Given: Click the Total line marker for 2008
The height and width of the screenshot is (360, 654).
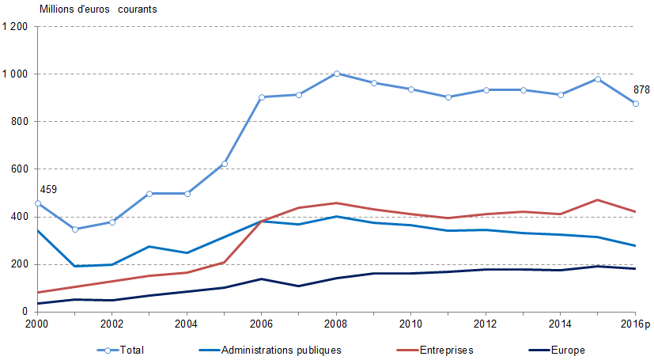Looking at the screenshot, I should click(337, 74).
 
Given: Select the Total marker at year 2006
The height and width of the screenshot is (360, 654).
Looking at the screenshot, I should click(262, 97).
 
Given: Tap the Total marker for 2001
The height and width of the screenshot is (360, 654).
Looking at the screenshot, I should click(74, 229).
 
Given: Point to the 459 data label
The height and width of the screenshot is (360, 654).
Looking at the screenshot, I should click(49, 190).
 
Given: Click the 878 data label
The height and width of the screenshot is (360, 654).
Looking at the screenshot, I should click(641, 90).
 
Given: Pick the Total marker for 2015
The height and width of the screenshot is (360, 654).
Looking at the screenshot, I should click(598, 79).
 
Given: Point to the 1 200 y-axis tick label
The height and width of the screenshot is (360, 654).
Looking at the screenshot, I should click(16, 27).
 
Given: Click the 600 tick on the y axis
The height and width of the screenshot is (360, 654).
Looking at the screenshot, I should click(20, 169).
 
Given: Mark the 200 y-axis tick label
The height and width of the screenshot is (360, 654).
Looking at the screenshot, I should click(20, 264).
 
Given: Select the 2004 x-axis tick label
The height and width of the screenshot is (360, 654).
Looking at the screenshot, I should click(187, 324).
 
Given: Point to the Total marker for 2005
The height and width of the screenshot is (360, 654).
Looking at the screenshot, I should click(225, 164).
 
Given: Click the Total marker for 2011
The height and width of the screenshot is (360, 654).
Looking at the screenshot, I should click(448, 97).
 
